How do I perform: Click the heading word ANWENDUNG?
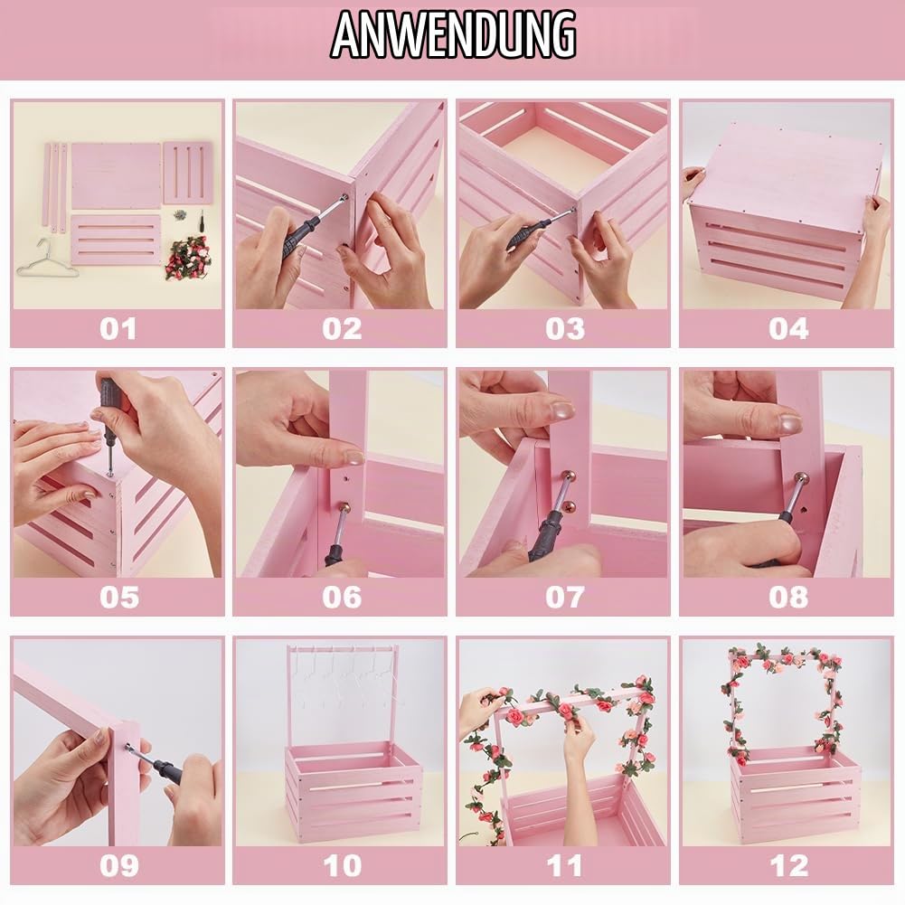pos(453,34)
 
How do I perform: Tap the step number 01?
pos(118,328)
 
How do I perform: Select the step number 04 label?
pos(787,328)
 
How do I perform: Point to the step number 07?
pos(564,597)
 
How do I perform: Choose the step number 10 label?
pos(342,865)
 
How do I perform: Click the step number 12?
pos(788,865)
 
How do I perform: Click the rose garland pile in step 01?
pos(186,258)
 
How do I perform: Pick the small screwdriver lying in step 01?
pos(202,220)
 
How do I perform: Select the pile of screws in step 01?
pos(178,214)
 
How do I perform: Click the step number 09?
pos(118,865)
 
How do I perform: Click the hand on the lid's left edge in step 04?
pos(693,179)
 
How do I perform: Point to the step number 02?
pos(341,328)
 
